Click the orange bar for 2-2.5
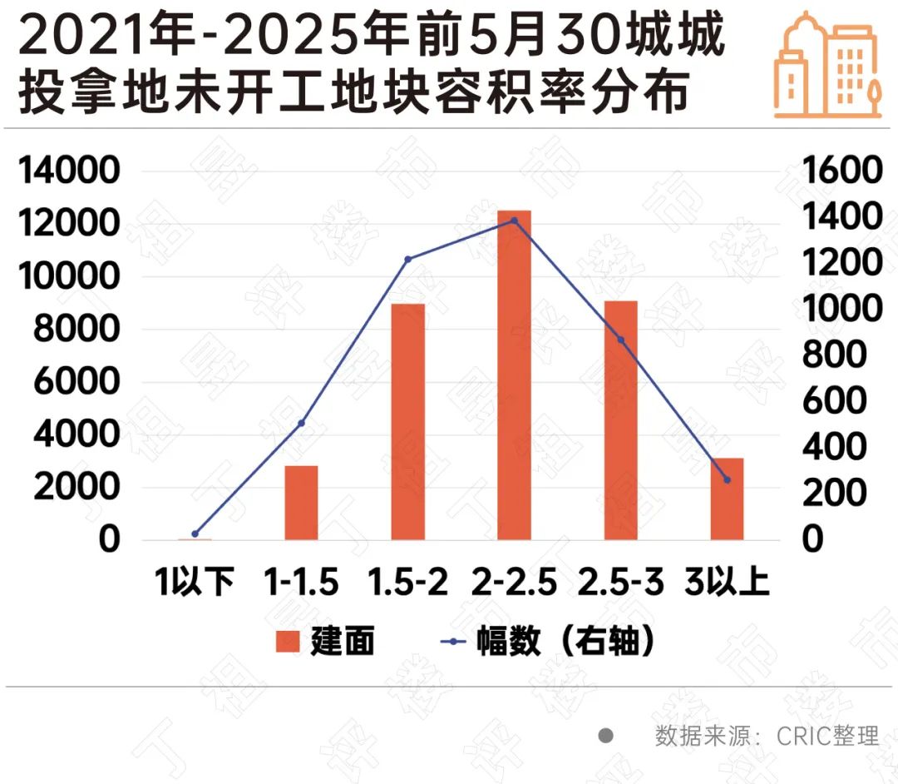[x=514, y=375]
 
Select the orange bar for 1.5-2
[x=407, y=421]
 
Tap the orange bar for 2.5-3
[x=620, y=420]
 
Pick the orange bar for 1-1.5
[x=301, y=503]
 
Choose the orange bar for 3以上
[x=727, y=499]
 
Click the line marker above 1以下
[x=195, y=533]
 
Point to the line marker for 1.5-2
[x=407, y=259]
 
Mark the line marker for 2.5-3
[x=620, y=340]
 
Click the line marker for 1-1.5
[x=301, y=424]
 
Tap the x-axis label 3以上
[x=727, y=582]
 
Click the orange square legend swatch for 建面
[x=288, y=642]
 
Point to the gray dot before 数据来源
[x=606, y=736]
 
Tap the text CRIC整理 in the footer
[x=827, y=736]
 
